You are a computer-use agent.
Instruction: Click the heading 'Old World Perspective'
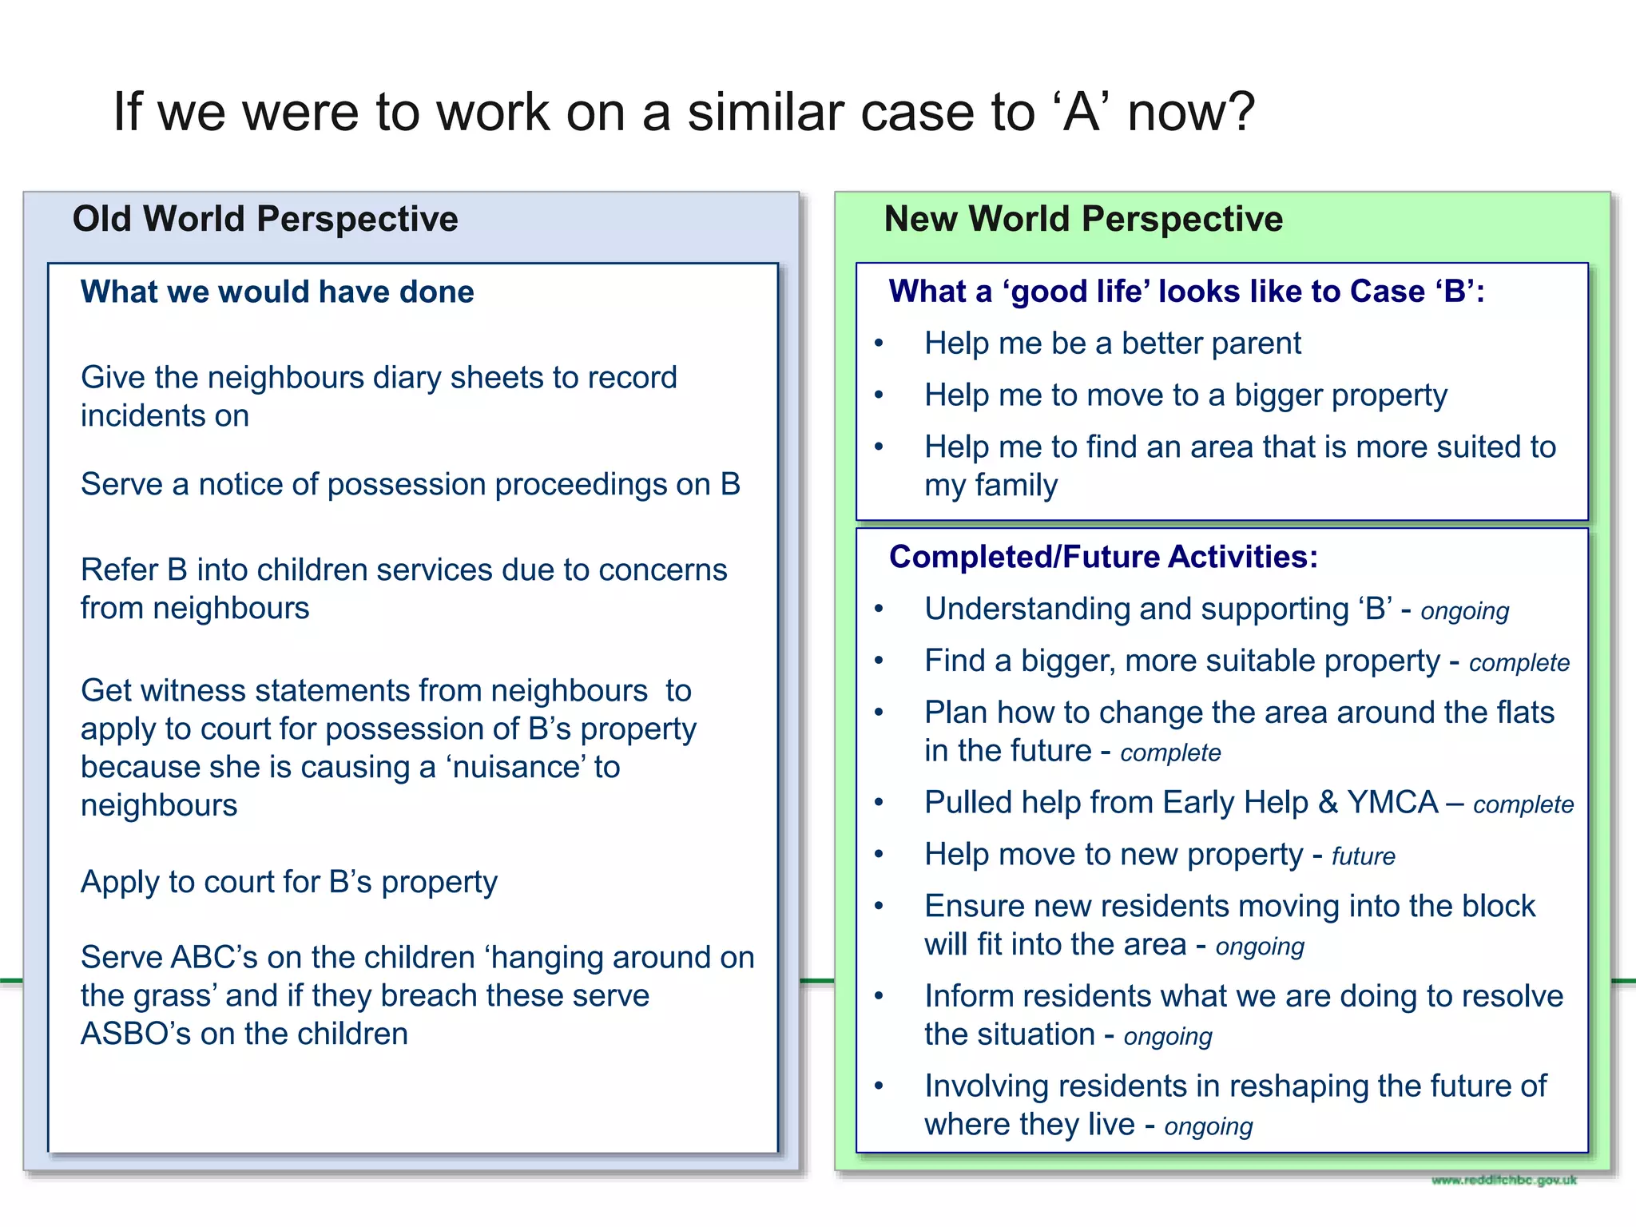265,219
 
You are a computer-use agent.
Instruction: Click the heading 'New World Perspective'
1083,219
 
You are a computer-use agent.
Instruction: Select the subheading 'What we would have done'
277,292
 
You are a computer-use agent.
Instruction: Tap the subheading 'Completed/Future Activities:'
1103,557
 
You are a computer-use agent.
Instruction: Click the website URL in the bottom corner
1503,1180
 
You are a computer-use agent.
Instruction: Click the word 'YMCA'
1392,802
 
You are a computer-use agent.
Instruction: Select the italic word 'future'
1363,856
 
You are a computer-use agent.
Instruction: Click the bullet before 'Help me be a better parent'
879,343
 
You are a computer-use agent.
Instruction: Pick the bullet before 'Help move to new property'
879,855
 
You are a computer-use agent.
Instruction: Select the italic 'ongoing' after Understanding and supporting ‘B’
1464,611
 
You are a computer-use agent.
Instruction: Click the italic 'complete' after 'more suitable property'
1519,663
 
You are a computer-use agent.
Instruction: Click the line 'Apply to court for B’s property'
288,882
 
